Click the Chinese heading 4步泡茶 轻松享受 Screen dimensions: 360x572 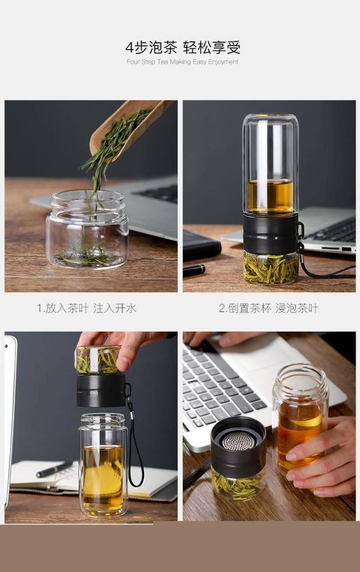click(x=183, y=47)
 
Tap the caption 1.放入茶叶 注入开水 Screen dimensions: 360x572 click(x=87, y=308)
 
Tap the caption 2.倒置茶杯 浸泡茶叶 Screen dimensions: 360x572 click(x=269, y=308)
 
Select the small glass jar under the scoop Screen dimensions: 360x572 click(x=87, y=229)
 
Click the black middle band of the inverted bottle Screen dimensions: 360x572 click(x=270, y=234)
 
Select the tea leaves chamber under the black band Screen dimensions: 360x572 click(x=270, y=268)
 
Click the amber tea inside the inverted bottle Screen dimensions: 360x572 click(x=270, y=197)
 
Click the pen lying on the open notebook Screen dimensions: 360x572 click(x=54, y=469)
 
